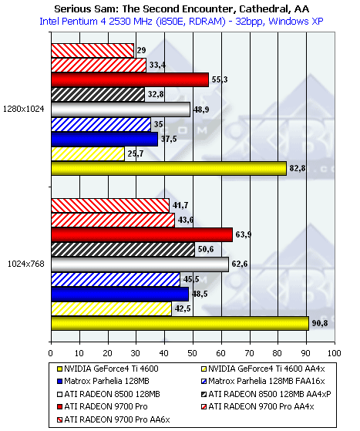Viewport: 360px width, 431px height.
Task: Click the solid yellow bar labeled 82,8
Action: tap(169, 169)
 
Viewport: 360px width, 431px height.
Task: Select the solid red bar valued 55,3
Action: tap(130, 80)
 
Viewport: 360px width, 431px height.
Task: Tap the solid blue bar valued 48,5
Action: tap(120, 294)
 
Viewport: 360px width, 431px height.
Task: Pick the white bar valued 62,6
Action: tap(140, 264)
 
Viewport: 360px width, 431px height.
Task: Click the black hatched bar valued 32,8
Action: tap(98, 95)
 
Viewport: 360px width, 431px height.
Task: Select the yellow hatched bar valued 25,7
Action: tap(88, 153)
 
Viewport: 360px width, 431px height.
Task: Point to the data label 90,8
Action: tap(320, 323)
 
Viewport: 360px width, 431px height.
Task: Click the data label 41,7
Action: tap(180, 205)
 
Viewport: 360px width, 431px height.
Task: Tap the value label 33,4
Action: tap(157, 65)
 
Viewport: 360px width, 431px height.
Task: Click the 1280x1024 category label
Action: tap(24, 109)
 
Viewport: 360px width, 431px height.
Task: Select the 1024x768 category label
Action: tap(26, 264)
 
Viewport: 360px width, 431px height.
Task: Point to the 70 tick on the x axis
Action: tap(250, 353)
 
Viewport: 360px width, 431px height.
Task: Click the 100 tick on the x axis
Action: tap(335, 353)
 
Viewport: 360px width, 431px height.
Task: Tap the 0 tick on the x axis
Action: tap(51, 353)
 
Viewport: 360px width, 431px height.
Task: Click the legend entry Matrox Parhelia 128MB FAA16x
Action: tap(264, 381)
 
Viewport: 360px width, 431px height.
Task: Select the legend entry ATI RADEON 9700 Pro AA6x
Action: tap(113, 419)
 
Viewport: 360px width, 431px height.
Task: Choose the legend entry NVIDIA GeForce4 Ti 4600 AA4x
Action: tap(264, 369)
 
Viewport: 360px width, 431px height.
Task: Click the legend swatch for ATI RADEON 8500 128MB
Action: tap(59, 395)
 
